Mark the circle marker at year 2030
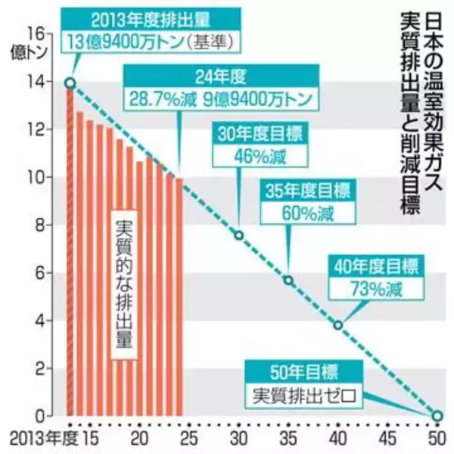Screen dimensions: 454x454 [x=239, y=235]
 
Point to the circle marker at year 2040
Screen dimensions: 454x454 [x=337, y=325]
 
